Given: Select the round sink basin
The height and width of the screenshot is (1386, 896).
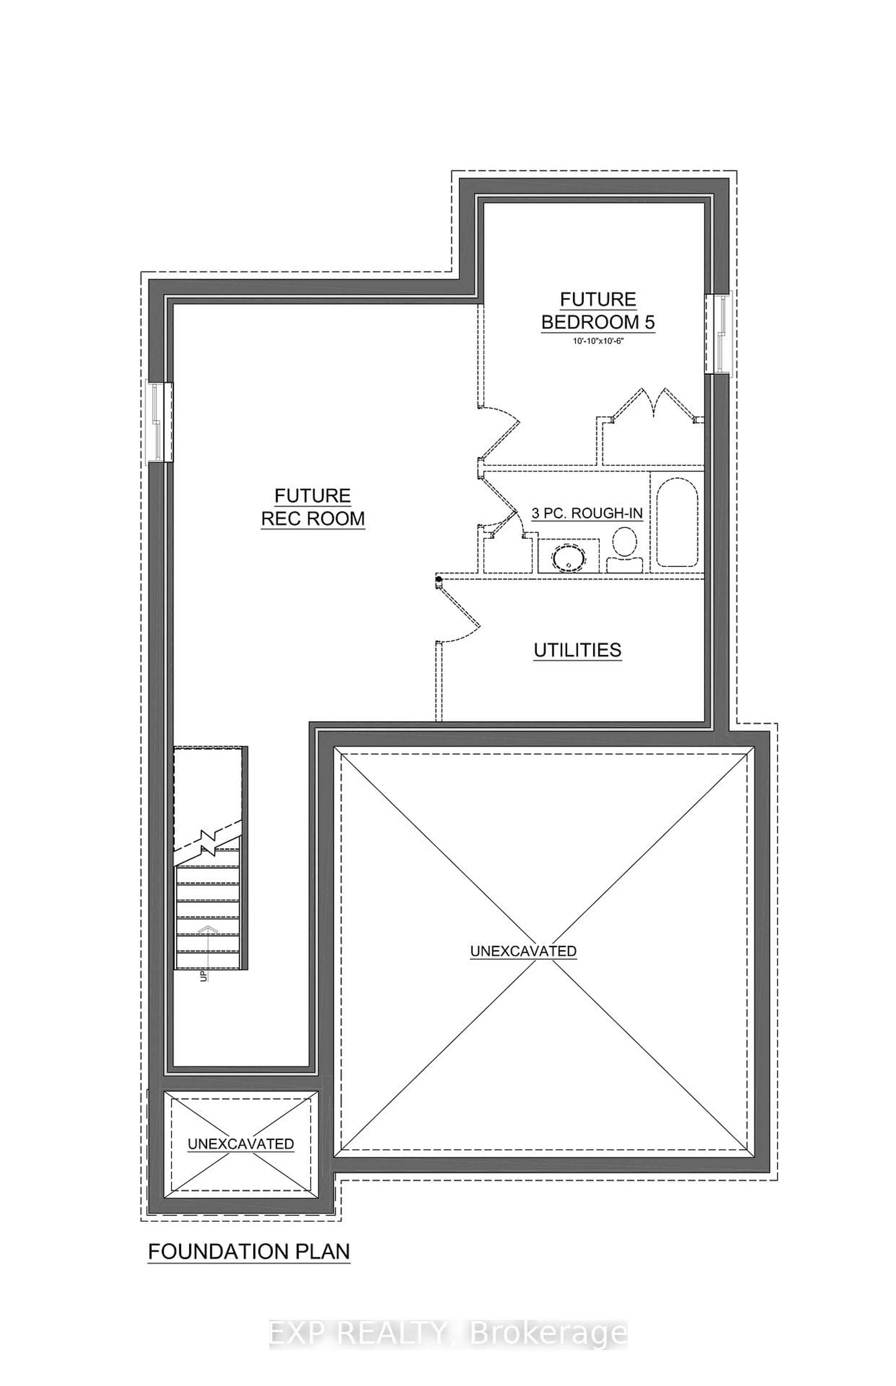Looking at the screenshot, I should pos(567,557).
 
